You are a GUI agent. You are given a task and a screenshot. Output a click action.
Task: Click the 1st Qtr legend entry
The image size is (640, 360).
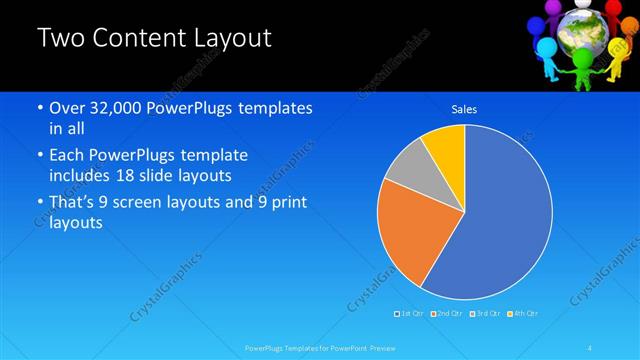coord(410,314)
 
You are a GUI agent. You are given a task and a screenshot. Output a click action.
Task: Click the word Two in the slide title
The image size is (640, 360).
coord(59,39)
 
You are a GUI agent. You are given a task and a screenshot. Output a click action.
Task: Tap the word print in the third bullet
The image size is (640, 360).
coord(286,203)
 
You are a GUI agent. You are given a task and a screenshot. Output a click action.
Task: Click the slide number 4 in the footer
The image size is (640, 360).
coord(590,347)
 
